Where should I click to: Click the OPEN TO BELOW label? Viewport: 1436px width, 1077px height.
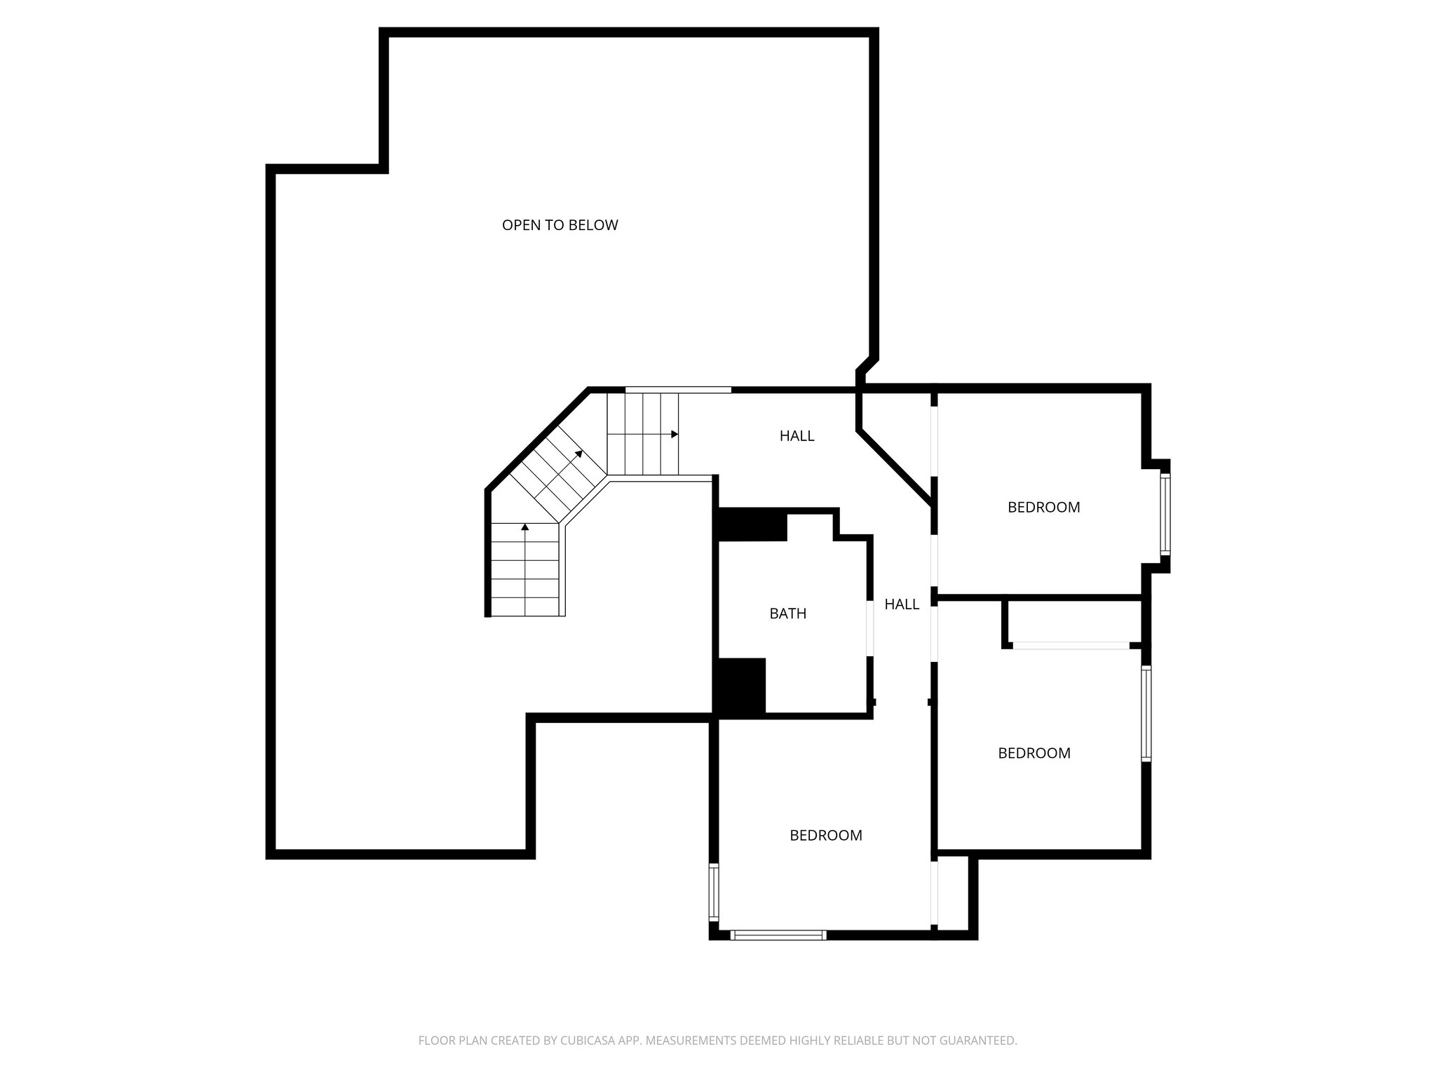(x=560, y=225)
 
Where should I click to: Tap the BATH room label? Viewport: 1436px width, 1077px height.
(x=787, y=614)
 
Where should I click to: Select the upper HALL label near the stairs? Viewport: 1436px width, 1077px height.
(x=797, y=436)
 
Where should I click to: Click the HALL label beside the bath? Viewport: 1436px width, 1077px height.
(x=901, y=604)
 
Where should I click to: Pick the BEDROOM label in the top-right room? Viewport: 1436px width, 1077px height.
(x=1043, y=507)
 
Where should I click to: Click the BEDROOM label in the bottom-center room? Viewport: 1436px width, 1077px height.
(x=825, y=835)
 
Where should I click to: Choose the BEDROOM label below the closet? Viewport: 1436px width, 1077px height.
(x=1034, y=753)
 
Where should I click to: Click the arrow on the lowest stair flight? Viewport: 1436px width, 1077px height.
(x=524, y=527)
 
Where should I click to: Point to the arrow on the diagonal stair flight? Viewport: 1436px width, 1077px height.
(x=578, y=454)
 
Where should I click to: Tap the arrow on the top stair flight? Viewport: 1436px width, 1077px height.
(x=674, y=435)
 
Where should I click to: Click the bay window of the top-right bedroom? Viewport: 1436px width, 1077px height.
(x=1165, y=515)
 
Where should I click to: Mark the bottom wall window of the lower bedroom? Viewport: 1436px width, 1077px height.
(x=778, y=935)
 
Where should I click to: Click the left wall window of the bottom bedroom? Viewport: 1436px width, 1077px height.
(x=714, y=893)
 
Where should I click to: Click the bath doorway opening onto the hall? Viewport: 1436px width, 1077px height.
(x=870, y=628)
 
